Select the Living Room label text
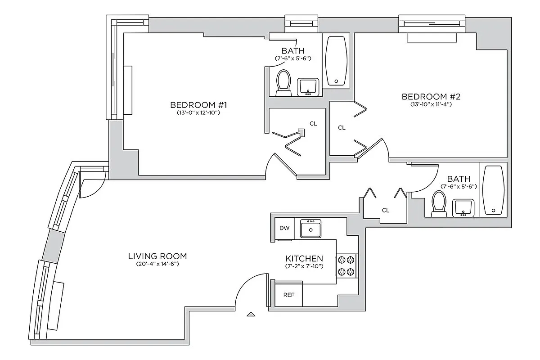157,256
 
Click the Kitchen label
304,259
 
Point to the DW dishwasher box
284,228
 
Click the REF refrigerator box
288,295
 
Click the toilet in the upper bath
283,83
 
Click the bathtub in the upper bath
336,61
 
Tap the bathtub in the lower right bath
493,191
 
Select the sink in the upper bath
308,86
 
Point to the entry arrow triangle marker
251,315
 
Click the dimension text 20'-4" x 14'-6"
157,265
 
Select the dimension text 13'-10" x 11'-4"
431,104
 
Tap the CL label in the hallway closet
386,210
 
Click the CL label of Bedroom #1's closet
313,123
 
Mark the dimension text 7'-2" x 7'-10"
304,266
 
